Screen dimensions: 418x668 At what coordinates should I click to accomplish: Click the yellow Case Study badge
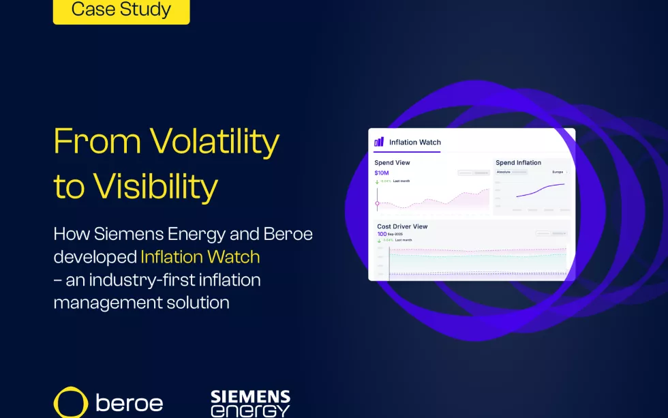121,10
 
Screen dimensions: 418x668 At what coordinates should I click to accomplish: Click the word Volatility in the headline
215,141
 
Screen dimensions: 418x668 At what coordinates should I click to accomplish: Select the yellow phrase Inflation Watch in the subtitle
200,256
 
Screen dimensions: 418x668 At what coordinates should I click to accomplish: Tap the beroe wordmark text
130,403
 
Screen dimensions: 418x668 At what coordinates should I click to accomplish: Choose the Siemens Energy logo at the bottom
250,403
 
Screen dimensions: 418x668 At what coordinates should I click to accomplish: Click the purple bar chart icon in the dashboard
379,142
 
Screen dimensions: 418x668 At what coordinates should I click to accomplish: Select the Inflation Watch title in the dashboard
414,143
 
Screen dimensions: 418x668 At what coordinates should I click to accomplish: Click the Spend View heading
392,163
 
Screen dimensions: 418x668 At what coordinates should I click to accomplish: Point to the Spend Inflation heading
518,163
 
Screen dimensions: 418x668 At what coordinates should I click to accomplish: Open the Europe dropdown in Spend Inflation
559,173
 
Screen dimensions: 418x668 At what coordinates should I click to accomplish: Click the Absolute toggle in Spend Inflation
502,173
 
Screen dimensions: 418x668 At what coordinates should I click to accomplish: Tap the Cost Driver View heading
402,226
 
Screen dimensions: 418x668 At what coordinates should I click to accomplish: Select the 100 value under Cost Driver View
382,234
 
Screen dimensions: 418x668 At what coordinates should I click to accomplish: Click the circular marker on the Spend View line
377,203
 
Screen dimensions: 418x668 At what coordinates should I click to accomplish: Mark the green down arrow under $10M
377,181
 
